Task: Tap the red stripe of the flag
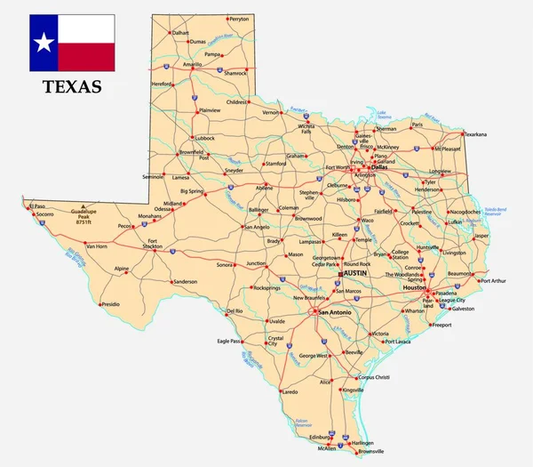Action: [86, 57]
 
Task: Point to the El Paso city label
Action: [36, 206]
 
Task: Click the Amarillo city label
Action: [193, 65]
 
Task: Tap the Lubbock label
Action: [206, 138]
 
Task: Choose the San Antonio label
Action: [336, 312]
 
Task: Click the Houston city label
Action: [415, 288]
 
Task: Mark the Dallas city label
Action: [379, 166]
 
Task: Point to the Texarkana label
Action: [475, 134]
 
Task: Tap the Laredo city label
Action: [290, 391]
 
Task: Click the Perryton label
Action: [239, 18]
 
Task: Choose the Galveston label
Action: [463, 309]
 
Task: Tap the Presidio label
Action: [110, 304]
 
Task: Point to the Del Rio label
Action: [235, 311]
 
